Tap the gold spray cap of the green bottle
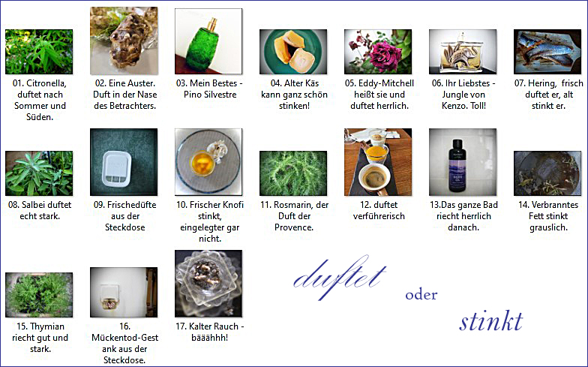212,24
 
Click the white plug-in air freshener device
116,169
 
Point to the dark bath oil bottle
457,164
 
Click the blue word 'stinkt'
490,321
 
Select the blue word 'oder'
421,295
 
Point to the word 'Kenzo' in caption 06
453,106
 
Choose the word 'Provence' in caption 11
294,227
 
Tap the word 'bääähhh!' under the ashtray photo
210,338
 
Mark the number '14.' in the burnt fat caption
523,205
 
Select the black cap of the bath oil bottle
457,144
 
